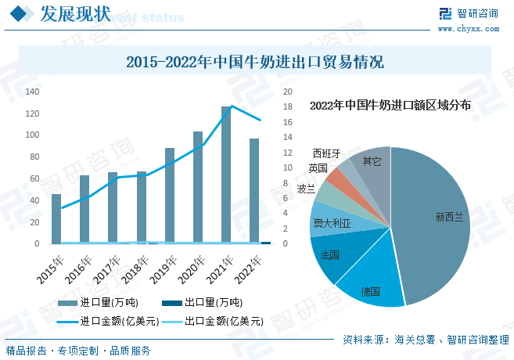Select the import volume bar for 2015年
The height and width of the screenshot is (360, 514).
[56, 218]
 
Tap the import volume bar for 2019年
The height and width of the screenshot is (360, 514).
[170, 196]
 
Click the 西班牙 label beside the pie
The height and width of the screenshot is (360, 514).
[326, 153]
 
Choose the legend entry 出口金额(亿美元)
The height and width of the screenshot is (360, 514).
[214, 321]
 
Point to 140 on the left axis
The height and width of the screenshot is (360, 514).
[32, 92]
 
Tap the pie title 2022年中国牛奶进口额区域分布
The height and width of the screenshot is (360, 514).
[390, 105]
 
